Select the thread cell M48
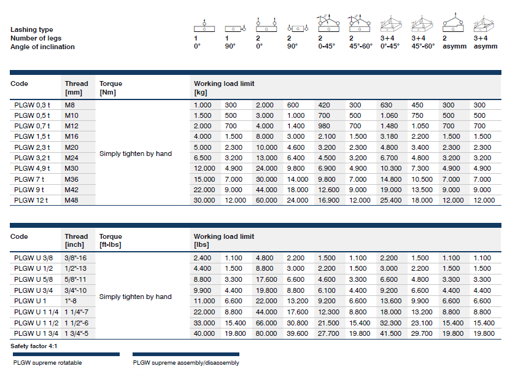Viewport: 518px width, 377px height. tap(72, 200)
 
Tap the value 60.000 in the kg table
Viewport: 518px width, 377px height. tap(265, 200)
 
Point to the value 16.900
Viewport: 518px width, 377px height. tap(328, 200)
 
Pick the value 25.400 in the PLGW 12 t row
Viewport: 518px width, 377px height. tap(391, 200)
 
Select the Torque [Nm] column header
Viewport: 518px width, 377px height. tap(110, 88)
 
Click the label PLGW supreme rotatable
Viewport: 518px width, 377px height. tap(47, 363)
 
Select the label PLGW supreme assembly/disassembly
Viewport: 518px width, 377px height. tap(186, 363)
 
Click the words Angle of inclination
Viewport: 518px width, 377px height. tap(42, 47)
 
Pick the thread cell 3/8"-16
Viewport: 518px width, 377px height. tap(77, 258)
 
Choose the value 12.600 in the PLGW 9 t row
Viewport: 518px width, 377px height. tap(328, 190)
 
